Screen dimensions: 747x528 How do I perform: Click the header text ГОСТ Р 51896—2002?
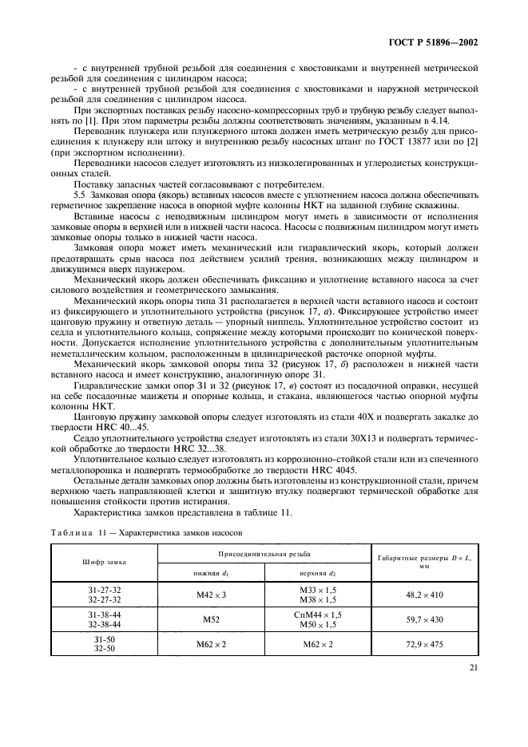[435, 42]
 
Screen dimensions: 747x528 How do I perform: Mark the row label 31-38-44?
[104, 615]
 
